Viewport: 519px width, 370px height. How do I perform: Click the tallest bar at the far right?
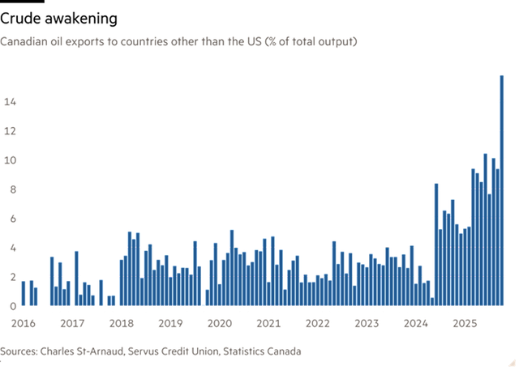[501, 190]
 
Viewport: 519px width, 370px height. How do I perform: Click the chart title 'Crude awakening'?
[58, 19]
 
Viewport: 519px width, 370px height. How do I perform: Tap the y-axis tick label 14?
[10, 102]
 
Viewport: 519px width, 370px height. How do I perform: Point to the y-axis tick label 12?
[10, 131]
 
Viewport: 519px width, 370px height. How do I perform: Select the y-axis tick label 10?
[10, 160]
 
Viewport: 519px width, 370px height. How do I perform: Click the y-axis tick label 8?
[13, 189]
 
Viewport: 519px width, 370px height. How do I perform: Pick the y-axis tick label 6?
[13, 219]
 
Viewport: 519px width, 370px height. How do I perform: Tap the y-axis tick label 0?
[13, 306]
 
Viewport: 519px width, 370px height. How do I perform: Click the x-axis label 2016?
[24, 323]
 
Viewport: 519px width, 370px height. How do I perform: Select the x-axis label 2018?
[122, 323]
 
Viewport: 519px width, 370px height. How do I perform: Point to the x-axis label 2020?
[220, 323]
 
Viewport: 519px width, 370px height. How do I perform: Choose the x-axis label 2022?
[317, 323]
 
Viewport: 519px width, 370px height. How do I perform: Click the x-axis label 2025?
[465, 323]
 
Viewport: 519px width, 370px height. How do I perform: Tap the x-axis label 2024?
[416, 323]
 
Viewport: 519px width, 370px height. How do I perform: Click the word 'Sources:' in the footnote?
[19, 351]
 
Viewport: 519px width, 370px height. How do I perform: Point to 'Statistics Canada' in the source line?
[262, 351]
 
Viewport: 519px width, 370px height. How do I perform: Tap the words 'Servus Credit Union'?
[173, 351]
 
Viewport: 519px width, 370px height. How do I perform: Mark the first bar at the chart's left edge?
[24, 293]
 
